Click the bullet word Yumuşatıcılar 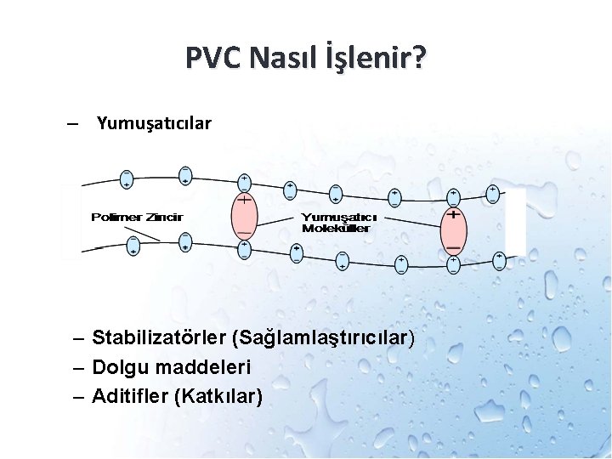pyautogui.click(x=154, y=124)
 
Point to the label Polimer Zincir pyautogui.click(x=137, y=218)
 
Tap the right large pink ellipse pyautogui.click(x=454, y=229)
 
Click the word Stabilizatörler pyautogui.click(x=159, y=338)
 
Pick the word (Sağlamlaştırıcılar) pyautogui.click(x=323, y=338)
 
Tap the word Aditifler pyautogui.click(x=129, y=396)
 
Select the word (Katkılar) pyautogui.click(x=218, y=396)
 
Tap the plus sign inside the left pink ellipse pyautogui.click(x=244, y=201)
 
